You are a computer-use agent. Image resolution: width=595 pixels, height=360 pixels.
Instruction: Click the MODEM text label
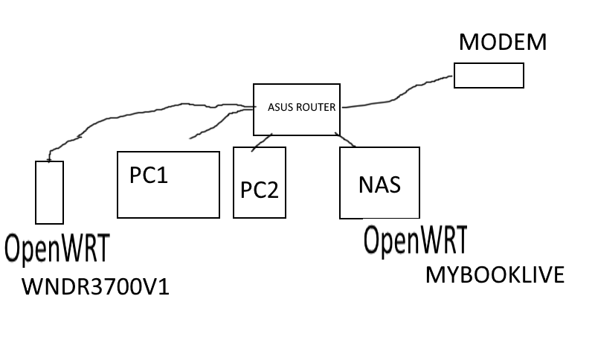coord(502,42)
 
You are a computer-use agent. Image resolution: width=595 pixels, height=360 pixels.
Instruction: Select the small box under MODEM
coord(489,75)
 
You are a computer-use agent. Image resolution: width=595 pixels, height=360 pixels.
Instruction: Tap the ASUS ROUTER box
coord(297,123)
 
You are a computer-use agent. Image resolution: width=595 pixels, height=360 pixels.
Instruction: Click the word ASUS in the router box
coord(280,107)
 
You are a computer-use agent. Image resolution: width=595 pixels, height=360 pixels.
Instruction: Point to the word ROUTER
coord(316,107)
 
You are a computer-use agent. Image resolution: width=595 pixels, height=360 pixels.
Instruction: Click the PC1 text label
coord(149,176)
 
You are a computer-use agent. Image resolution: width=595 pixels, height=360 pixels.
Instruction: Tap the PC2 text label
coord(259,190)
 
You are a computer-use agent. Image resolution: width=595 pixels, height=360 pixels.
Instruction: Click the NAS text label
coord(379,184)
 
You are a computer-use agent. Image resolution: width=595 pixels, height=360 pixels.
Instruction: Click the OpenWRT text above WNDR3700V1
coord(57,248)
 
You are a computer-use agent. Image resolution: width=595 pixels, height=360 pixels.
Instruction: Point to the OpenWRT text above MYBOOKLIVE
coord(415,240)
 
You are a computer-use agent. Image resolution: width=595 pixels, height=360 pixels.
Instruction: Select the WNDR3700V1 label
coord(95,286)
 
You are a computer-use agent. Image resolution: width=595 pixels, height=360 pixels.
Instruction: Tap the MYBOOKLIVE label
coord(495,275)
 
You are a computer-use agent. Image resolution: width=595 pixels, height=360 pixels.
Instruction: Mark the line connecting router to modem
coord(402,94)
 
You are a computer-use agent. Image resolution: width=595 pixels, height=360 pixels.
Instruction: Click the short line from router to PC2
coord(261,142)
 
